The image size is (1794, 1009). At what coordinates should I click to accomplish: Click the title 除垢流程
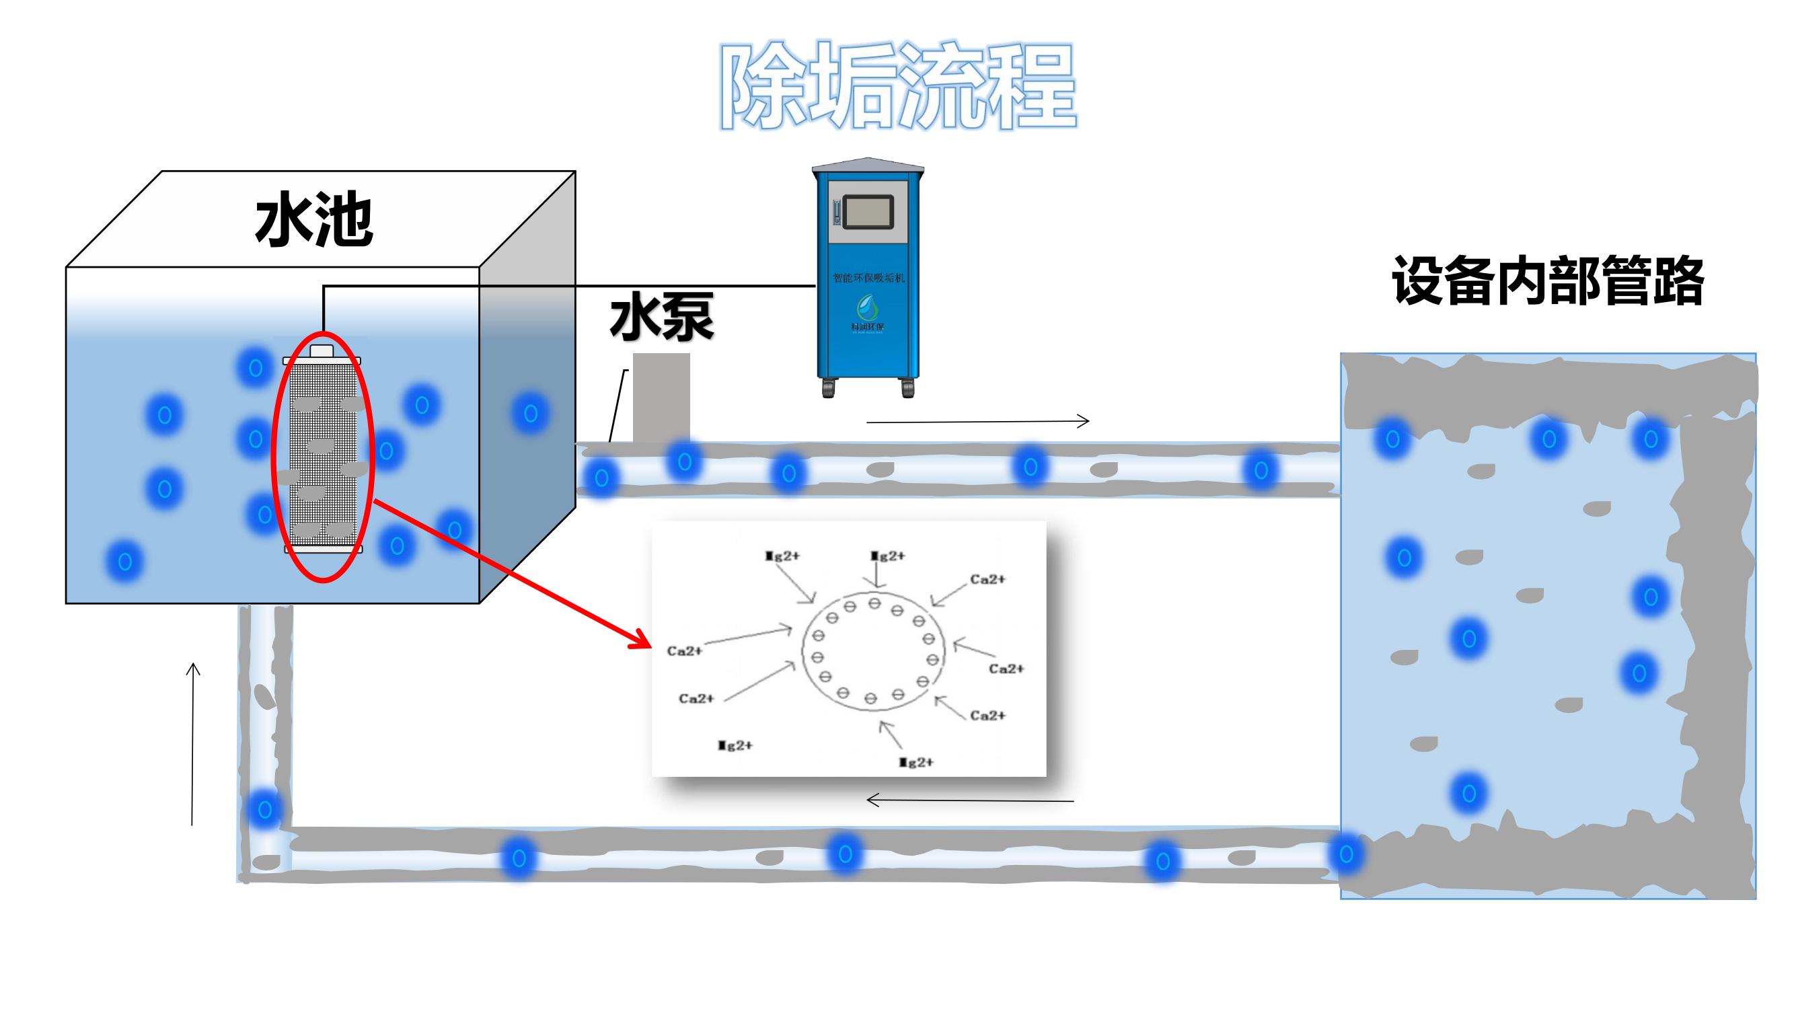coord(898,86)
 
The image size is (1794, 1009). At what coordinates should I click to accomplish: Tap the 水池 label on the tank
coord(314,220)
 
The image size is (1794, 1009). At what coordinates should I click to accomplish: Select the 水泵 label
coord(662,317)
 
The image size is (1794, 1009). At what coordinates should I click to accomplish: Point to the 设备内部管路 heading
coord(1547,281)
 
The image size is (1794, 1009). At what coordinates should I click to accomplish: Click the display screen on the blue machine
coord(868,212)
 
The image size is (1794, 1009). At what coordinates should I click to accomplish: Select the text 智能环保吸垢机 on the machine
coord(868,278)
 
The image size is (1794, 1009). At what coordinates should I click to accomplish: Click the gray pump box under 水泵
coord(661,396)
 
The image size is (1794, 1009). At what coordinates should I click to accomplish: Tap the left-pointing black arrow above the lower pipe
coord(969,800)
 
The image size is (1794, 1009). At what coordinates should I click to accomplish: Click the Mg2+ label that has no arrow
coord(735,746)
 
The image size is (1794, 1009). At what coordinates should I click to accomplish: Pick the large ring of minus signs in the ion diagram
coord(873,650)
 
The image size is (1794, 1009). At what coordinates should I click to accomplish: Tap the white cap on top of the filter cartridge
coord(322,350)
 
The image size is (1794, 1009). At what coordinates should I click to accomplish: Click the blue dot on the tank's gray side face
coord(531,414)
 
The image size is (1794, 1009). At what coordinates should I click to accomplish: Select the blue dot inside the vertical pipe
coord(264,810)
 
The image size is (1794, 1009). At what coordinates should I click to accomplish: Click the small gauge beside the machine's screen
coord(836,213)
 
